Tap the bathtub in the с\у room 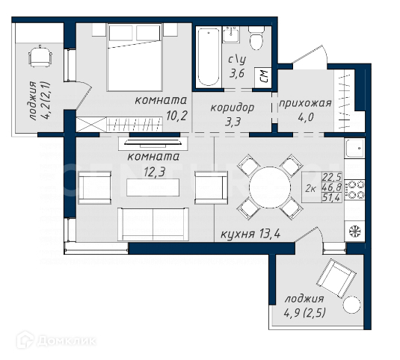(209, 57)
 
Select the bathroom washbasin (231, 34)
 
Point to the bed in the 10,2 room (135, 57)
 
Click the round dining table (270, 187)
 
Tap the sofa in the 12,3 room (153, 224)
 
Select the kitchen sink (355, 148)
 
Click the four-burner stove (355, 190)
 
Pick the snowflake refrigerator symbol (355, 231)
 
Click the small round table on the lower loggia (352, 305)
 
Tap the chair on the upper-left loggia (40, 56)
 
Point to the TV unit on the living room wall (153, 143)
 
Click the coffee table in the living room (153, 187)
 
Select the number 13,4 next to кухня (269, 233)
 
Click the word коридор (232, 108)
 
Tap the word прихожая (305, 103)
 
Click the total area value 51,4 (331, 198)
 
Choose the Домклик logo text (67, 341)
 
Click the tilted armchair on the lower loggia (336, 279)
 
